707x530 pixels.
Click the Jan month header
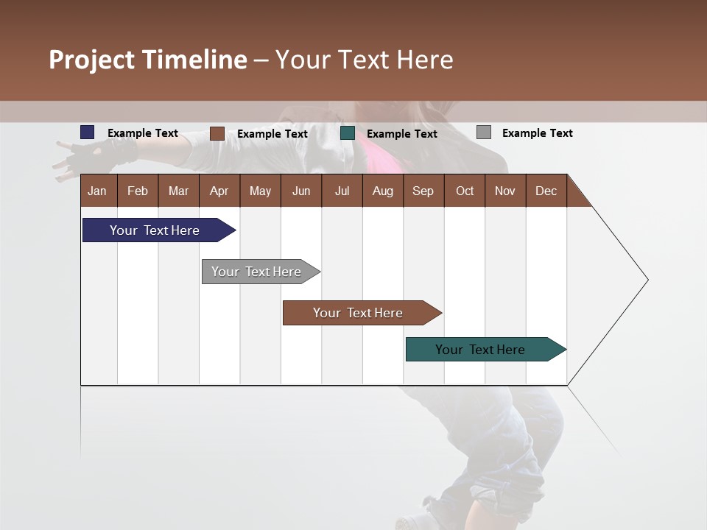(x=97, y=191)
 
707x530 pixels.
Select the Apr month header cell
(x=219, y=191)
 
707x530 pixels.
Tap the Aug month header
(x=382, y=191)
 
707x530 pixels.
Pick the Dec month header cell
(x=546, y=191)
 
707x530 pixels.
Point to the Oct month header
(x=465, y=191)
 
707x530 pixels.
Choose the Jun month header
(x=300, y=191)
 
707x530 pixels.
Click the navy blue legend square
(x=88, y=132)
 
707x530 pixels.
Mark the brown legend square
(x=217, y=133)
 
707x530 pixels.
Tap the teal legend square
(x=348, y=133)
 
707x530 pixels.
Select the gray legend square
(x=484, y=132)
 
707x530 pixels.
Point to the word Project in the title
(x=92, y=60)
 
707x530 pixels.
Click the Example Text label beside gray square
(x=537, y=133)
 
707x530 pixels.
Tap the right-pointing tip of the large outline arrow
(x=647, y=280)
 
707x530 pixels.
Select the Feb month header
(x=138, y=191)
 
